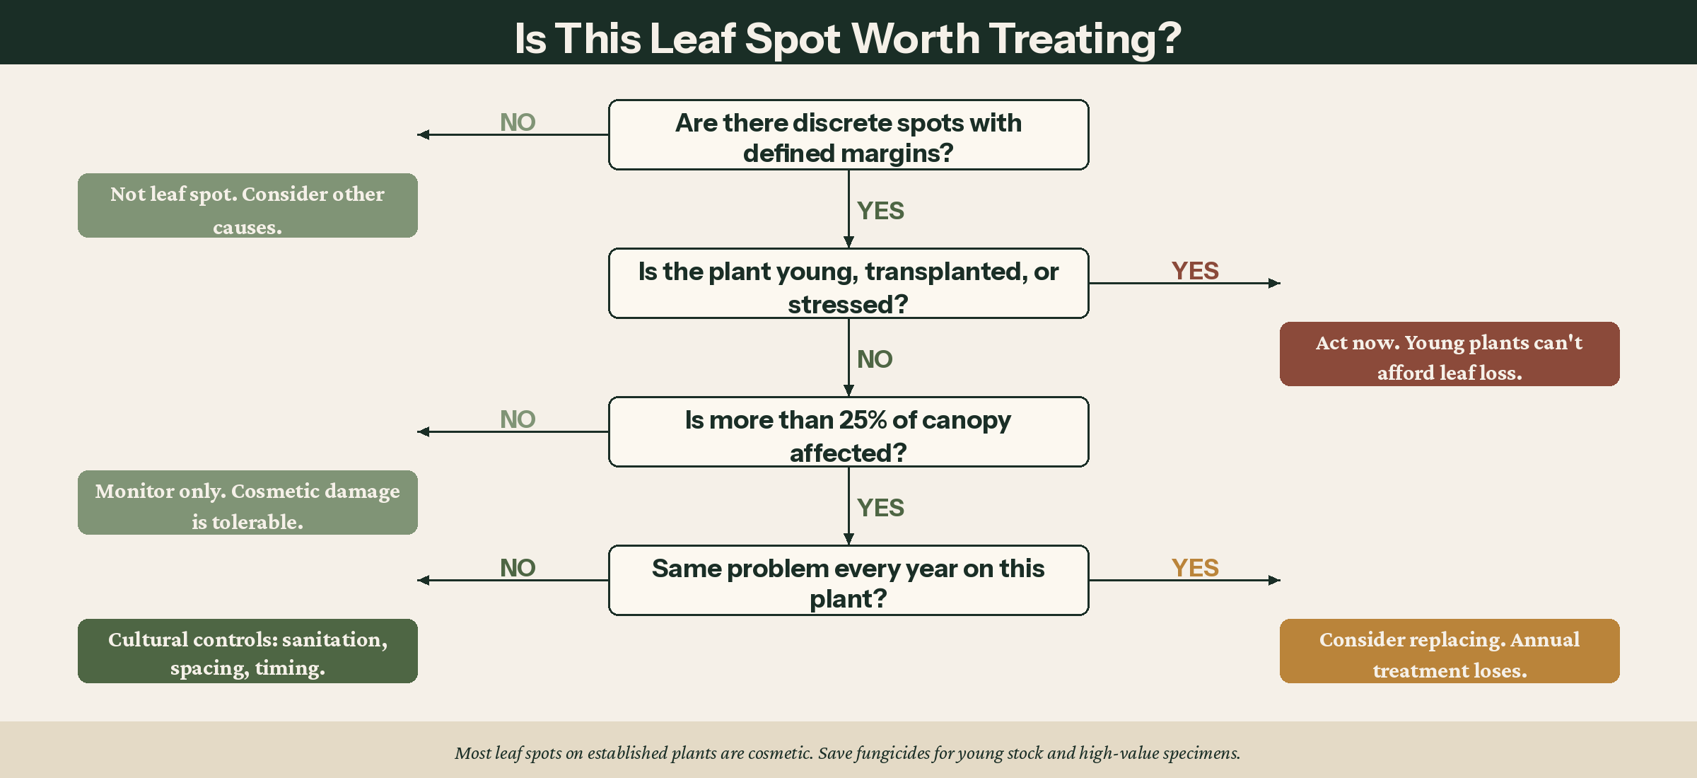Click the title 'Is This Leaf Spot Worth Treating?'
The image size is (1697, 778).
tap(848, 38)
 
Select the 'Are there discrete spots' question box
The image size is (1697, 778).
tap(848, 135)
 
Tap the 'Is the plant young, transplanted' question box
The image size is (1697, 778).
tap(848, 284)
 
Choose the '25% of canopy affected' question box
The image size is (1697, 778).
tap(848, 432)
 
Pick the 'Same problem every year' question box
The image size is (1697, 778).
tap(848, 581)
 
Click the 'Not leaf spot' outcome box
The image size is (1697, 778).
tap(247, 206)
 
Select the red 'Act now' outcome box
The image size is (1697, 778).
tap(1449, 354)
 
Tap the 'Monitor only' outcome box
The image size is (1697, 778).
tap(247, 503)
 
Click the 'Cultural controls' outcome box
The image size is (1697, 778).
tap(247, 651)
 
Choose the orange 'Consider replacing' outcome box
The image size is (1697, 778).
tap(1449, 651)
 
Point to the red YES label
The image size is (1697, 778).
tap(1194, 271)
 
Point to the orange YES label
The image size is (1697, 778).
tap(1194, 568)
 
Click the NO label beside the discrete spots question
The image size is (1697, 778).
tap(518, 122)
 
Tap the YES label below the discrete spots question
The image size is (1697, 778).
tap(880, 211)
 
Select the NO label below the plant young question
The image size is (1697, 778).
tap(875, 359)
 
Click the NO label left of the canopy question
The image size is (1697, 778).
tap(518, 419)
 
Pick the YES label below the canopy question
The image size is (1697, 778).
tap(880, 508)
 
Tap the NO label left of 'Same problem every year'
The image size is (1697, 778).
tap(518, 568)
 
